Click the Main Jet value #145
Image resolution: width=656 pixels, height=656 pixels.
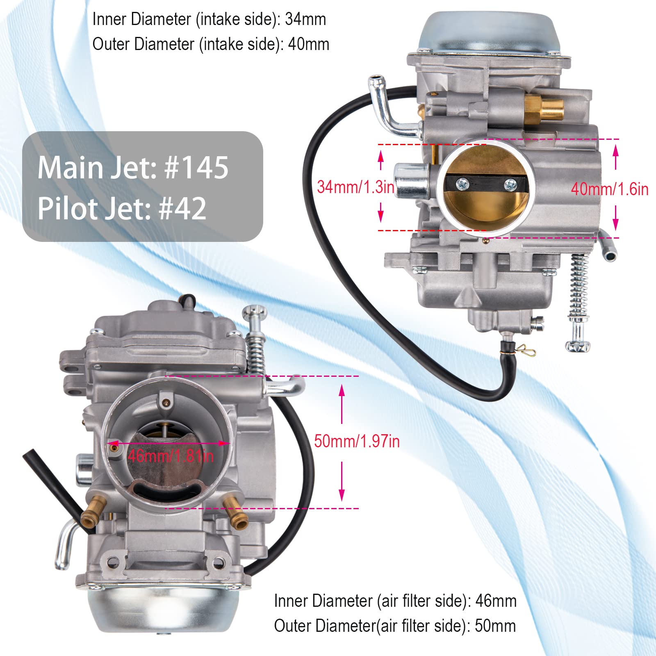tap(196, 168)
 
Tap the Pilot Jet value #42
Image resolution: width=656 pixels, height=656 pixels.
tap(182, 208)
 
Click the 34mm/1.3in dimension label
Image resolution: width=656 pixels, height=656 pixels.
tap(355, 187)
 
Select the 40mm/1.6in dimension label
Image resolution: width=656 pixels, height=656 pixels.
tap(610, 189)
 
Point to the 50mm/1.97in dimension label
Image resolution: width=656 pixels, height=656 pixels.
tap(357, 442)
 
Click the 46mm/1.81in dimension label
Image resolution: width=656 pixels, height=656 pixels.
tap(171, 456)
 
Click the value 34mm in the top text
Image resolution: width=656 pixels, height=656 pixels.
tap(305, 19)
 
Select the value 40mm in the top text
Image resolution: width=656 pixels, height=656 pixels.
tap(308, 44)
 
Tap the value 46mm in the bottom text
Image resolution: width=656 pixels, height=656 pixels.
tap(496, 601)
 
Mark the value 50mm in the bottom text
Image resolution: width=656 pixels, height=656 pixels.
tap(495, 626)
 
